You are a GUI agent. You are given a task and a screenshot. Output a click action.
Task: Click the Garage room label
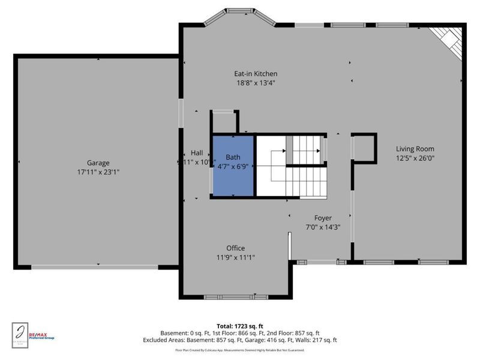pyautogui.click(x=98, y=163)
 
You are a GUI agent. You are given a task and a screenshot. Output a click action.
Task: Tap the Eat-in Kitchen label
pyautogui.click(x=256, y=74)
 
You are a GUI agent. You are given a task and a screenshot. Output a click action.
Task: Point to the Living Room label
pyautogui.click(x=415, y=149)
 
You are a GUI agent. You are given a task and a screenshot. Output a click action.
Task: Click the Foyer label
pyautogui.click(x=323, y=218)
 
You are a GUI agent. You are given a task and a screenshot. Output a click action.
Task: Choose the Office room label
pyautogui.click(x=235, y=248)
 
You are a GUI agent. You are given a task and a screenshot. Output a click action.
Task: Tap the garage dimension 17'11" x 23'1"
pyautogui.click(x=98, y=172)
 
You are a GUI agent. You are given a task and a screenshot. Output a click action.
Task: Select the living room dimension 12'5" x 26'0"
pyautogui.click(x=415, y=158)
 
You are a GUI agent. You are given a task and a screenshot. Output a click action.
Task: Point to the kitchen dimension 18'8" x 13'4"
pyautogui.click(x=256, y=83)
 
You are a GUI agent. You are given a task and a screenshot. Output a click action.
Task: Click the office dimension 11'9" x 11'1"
pyautogui.click(x=235, y=257)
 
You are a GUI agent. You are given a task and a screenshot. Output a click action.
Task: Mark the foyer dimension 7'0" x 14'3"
pyautogui.click(x=323, y=227)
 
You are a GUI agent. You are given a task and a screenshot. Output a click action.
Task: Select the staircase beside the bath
pyautogui.click(x=306, y=165)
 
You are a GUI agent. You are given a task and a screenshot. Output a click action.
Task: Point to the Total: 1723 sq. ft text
pyautogui.click(x=239, y=326)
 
